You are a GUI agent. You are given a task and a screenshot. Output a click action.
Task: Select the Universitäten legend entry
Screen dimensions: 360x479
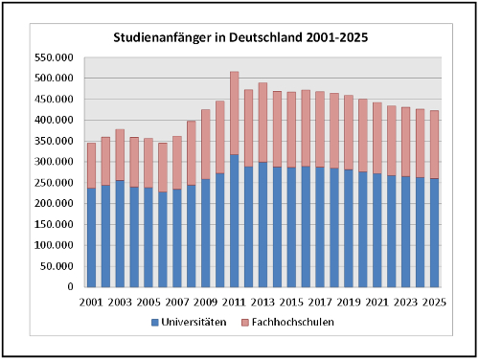coord(189,323)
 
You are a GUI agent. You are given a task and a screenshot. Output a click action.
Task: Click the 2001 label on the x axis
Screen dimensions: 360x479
coord(91,302)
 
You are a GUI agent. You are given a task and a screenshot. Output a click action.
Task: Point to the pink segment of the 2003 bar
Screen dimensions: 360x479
coord(120,155)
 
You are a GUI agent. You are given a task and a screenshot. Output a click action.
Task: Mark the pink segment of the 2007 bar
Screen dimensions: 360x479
coord(177,163)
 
